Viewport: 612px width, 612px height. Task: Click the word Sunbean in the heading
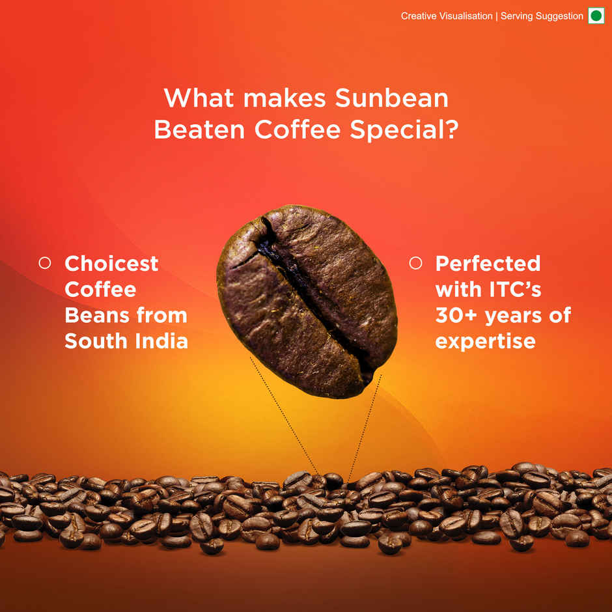tap(391, 98)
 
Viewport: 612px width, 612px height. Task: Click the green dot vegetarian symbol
tap(596, 16)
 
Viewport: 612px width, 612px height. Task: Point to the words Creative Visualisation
tap(447, 16)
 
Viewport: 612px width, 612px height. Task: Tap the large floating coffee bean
tap(306, 299)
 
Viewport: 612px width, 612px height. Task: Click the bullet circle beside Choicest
tap(45, 263)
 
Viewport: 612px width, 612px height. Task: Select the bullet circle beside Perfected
tap(415, 263)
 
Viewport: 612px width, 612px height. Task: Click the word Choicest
tap(111, 264)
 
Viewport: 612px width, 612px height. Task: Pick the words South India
tap(126, 341)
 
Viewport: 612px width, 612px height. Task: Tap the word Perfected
tap(488, 264)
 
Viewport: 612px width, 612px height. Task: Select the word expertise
tap(485, 341)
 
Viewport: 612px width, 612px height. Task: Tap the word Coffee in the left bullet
tap(100, 289)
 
